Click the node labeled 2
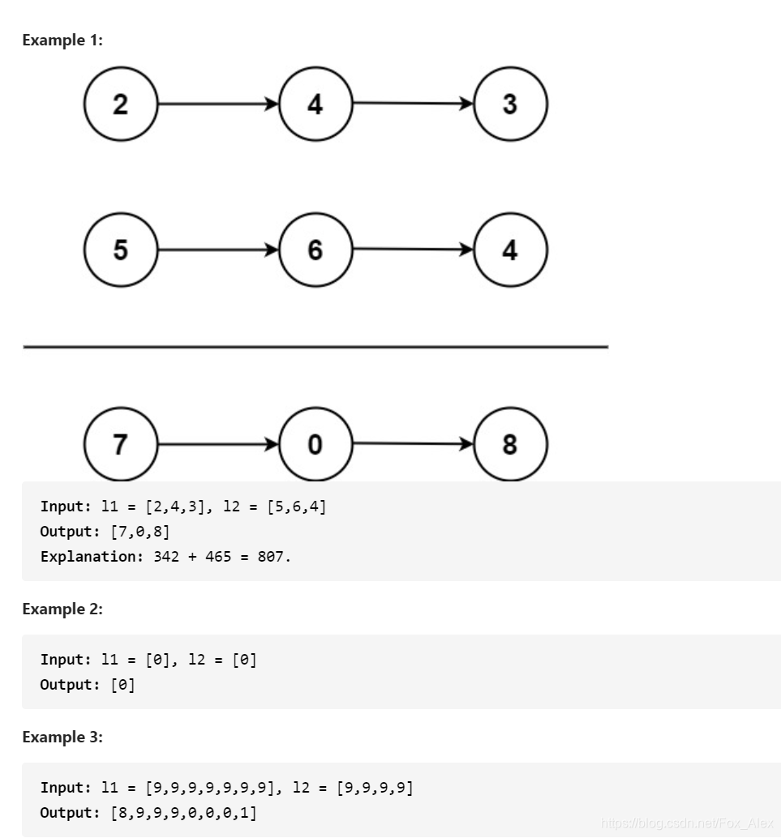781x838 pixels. tap(120, 105)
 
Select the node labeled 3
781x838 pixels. tap(510, 105)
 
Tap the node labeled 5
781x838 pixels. tap(120, 250)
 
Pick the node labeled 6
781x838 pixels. tap(315, 250)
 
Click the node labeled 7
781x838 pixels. tap(120, 444)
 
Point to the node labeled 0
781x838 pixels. tap(315, 444)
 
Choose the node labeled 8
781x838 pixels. tap(510, 444)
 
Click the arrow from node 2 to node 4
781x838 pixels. tap(217, 105)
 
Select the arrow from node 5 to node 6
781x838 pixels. tap(217, 250)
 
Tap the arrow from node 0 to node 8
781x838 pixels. tap(413, 443)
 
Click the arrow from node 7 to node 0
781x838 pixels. tap(217, 444)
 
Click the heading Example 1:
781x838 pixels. tap(62, 40)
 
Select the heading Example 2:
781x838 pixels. tap(62, 609)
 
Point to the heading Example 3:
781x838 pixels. tap(62, 737)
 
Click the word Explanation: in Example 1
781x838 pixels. tap(92, 557)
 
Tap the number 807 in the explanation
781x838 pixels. tap(273, 557)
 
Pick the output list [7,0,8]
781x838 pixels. tap(139, 532)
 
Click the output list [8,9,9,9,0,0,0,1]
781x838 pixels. tap(183, 812)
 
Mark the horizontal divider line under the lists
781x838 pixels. tap(315, 347)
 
